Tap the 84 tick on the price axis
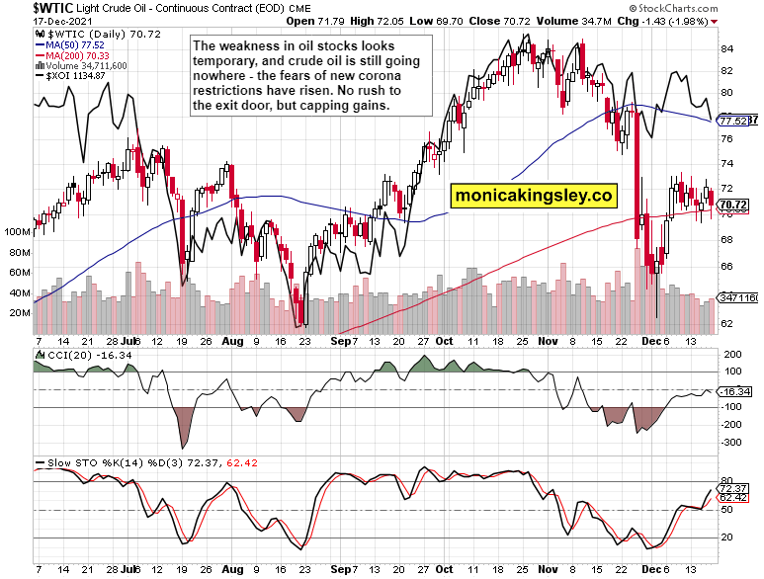726,48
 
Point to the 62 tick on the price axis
726,324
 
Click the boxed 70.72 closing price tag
732,205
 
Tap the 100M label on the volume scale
17,231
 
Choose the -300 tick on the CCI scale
732,442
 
